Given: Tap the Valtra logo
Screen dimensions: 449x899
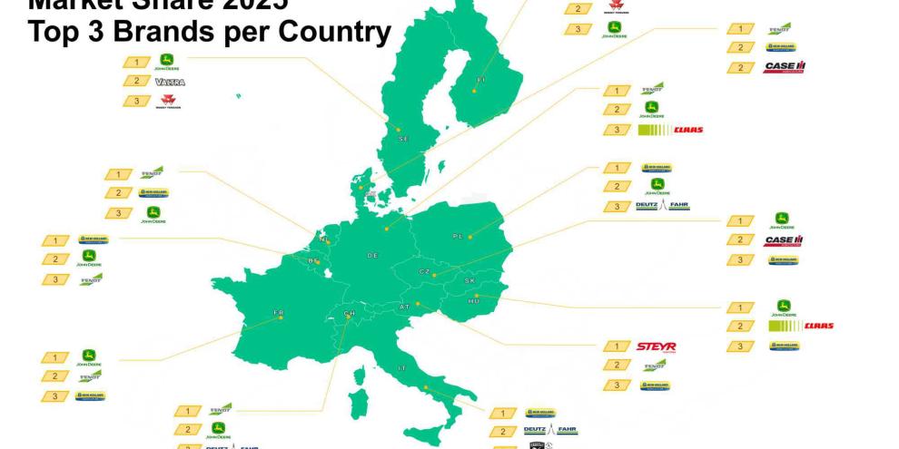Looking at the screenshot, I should [x=170, y=82].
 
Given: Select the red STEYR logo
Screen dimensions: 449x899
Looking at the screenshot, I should [x=656, y=347].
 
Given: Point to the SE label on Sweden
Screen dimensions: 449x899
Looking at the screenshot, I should [x=403, y=139].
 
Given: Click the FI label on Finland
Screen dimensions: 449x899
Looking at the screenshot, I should [x=479, y=78].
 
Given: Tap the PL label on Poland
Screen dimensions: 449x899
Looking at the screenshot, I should [x=458, y=236].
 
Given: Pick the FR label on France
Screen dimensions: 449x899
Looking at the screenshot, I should [x=278, y=313].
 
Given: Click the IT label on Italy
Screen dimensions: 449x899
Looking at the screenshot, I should [x=401, y=367].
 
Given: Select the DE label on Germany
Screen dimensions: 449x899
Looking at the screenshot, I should [x=372, y=256].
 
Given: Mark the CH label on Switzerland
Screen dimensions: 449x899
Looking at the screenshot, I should [x=349, y=314].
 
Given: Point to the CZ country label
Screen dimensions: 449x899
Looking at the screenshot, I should [x=424, y=272].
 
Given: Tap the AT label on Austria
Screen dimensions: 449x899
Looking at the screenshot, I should [x=405, y=307].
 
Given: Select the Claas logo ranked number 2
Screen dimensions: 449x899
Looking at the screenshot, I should [x=800, y=326].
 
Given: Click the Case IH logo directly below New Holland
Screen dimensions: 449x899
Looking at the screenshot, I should [x=784, y=67].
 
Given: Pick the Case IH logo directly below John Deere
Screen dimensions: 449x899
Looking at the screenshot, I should [x=783, y=240].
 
